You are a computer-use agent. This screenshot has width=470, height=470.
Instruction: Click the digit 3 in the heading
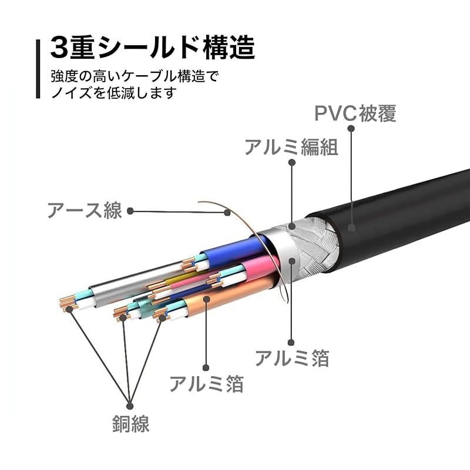(60, 48)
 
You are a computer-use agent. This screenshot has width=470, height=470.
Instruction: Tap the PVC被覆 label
(355, 113)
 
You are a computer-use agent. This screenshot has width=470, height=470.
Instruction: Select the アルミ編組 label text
(291, 147)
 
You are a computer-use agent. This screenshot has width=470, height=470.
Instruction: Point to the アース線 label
(85, 210)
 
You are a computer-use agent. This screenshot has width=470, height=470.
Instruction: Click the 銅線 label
(130, 424)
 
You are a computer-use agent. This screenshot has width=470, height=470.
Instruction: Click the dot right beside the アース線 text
(130, 211)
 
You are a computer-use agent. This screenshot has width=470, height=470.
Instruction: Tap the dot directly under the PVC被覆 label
(351, 129)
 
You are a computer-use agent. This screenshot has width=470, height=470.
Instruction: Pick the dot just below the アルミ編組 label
(292, 163)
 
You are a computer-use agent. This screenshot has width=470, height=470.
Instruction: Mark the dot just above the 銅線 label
(130, 407)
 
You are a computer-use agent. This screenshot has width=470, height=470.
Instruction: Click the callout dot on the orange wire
(206, 299)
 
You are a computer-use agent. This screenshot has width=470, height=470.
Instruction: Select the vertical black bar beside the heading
(38, 69)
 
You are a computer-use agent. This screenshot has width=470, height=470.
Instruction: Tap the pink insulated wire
(259, 267)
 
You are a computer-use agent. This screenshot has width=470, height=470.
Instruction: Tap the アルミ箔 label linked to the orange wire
(206, 384)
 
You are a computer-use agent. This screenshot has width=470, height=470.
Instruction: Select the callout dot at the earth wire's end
(227, 213)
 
